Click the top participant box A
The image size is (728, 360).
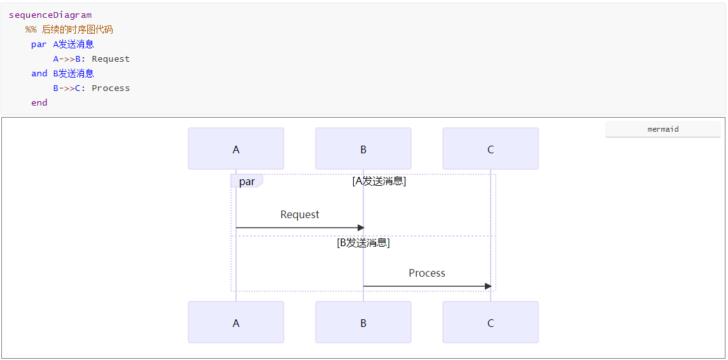(x=236, y=149)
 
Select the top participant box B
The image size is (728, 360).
(x=363, y=149)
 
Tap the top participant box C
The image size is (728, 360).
(x=491, y=149)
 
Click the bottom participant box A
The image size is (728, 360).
(x=236, y=322)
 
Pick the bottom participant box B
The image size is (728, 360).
(x=363, y=322)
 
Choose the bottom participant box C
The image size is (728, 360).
(x=491, y=322)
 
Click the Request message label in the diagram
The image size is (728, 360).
(x=300, y=215)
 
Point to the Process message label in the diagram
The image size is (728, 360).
(x=427, y=273)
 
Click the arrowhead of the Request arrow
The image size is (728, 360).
(x=361, y=228)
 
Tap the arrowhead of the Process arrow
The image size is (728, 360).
(x=488, y=286)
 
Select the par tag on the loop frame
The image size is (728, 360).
(x=246, y=182)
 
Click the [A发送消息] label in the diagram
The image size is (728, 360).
(x=379, y=181)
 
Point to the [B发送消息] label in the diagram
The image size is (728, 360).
(x=363, y=243)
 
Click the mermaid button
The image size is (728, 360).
(x=663, y=129)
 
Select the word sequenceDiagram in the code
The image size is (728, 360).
(x=50, y=15)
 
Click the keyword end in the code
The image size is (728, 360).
(x=39, y=102)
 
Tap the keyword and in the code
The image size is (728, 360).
(x=39, y=73)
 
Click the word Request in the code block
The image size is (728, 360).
(x=111, y=59)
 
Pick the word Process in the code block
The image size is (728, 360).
(x=111, y=88)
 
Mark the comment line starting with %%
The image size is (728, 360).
(x=69, y=30)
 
